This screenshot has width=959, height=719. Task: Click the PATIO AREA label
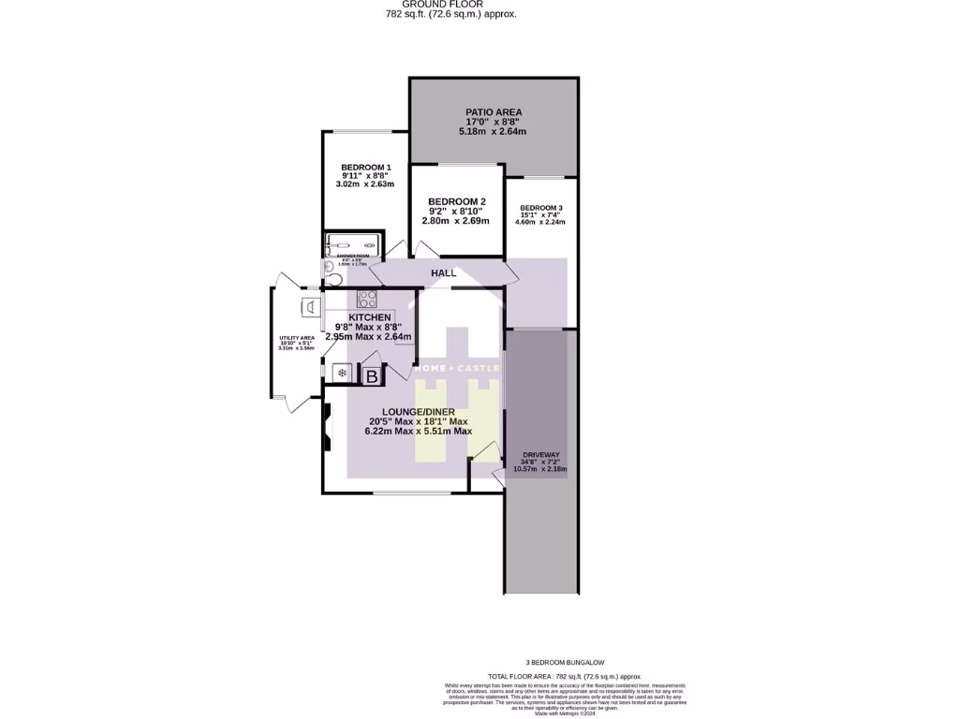[494, 112]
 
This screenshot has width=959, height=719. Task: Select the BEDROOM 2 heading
[457, 201]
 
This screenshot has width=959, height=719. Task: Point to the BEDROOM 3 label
[541, 208]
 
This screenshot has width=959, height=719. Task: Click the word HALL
[444, 273]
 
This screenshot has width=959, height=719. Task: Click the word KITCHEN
[369, 317]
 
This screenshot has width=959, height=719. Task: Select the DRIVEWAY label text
[540, 454]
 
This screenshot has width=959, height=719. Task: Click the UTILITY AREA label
[296, 338]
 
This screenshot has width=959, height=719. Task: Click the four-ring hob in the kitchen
[367, 300]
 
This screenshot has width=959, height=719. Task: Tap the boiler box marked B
[372, 377]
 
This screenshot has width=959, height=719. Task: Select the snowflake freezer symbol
[342, 374]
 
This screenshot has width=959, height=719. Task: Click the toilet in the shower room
[328, 268]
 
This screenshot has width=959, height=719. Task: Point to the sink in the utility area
[309, 306]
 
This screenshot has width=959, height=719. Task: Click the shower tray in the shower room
[354, 244]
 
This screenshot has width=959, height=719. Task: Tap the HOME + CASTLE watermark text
[458, 368]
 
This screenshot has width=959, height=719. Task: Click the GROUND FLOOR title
[450, 4]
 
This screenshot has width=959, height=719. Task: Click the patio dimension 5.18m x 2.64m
[493, 132]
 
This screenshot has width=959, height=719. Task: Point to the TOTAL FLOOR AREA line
[565, 676]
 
